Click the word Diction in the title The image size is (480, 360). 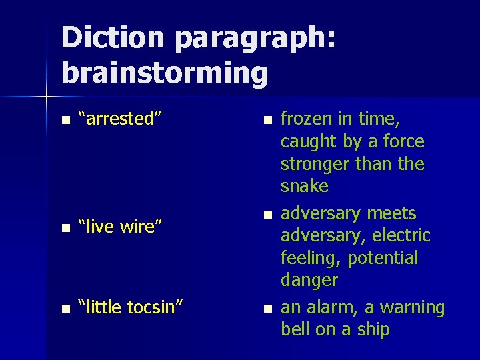(112, 38)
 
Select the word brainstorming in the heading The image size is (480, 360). (165, 73)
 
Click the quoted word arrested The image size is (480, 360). (119, 119)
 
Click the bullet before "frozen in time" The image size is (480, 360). (267, 121)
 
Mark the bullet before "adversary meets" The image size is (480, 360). (267, 215)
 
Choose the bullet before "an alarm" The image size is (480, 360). (267, 309)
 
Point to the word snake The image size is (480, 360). (305, 186)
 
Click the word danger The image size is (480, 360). (309, 280)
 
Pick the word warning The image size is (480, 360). (411, 308)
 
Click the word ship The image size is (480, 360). (374, 330)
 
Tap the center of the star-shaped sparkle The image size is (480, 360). (46, 97)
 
